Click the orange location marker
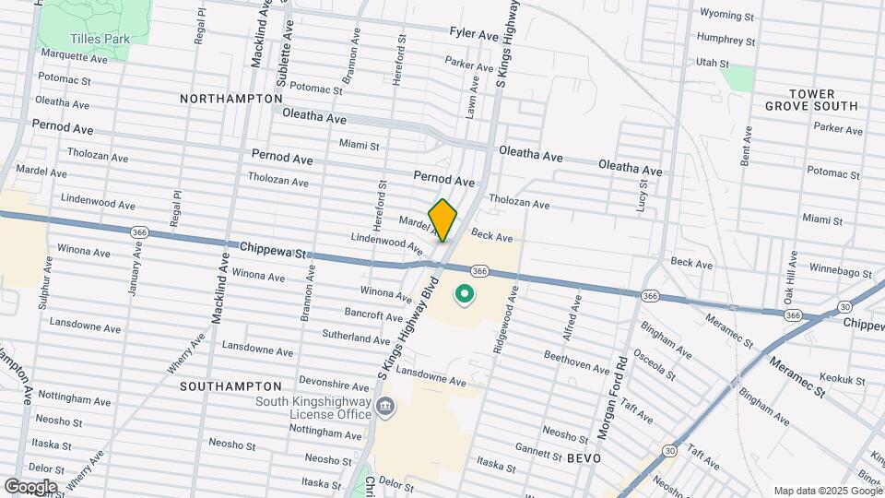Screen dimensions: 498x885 (x=442, y=219)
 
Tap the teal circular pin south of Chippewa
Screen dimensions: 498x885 (x=465, y=296)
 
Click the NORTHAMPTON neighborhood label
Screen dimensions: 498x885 (x=231, y=98)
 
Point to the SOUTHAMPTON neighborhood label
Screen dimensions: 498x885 (x=230, y=385)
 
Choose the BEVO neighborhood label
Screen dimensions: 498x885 (x=584, y=457)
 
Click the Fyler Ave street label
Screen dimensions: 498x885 (x=474, y=34)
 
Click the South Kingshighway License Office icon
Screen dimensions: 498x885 (x=386, y=407)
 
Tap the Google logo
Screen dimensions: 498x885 (x=30, y=486)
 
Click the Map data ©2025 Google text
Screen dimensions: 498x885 (x=827, y=491)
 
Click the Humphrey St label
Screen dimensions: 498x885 (x=726, y=41)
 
